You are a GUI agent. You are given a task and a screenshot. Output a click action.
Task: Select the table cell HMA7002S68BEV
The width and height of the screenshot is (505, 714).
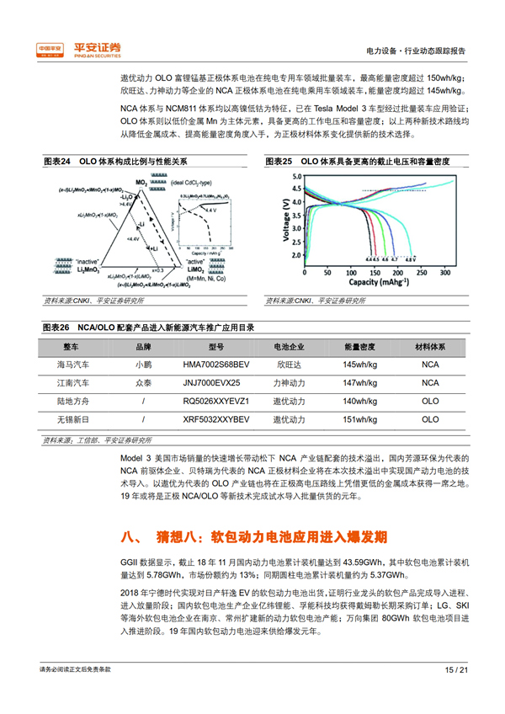pyautogui.click(x=216, y=365)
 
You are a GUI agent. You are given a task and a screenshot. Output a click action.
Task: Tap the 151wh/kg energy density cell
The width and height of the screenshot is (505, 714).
pyautogui.click(x=360, y=418)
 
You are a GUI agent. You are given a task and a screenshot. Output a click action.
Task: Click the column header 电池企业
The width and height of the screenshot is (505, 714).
pyautogui.click(x=287, y=347)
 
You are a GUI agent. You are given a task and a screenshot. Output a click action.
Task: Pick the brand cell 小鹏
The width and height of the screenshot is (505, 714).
pyautogui.click(x=144, y=365)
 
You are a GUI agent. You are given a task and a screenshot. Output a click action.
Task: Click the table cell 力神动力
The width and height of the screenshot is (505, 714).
pyautogui.click(x=287, y=382)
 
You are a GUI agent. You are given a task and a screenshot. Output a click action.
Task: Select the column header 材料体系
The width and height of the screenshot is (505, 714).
pyautogui.click(x=430, y=347)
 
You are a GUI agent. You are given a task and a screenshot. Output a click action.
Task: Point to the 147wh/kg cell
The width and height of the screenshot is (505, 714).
pyautogui.click(x=360, y=382)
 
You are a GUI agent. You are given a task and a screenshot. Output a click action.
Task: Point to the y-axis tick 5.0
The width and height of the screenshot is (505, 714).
pyautogui.click(x=294, y=177)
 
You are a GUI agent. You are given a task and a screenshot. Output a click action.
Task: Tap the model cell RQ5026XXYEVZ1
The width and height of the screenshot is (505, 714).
pyautogui.click(x=216, y=401)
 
